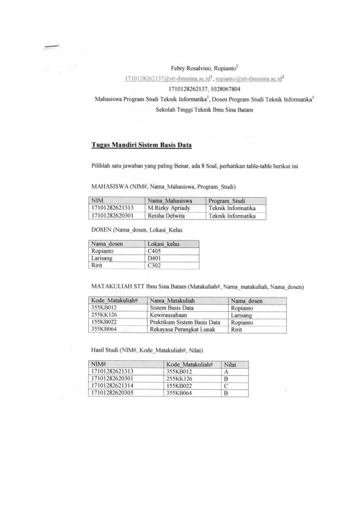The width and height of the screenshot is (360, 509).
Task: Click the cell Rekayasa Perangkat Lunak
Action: tap(184, 329)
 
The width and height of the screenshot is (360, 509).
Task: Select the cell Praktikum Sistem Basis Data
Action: tap(185, 322)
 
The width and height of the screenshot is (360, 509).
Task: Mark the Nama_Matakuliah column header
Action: tap(172, 300)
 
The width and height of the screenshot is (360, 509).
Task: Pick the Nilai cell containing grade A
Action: tap(227, 372)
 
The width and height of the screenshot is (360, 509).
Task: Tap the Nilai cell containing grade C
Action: tap(227, 386)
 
